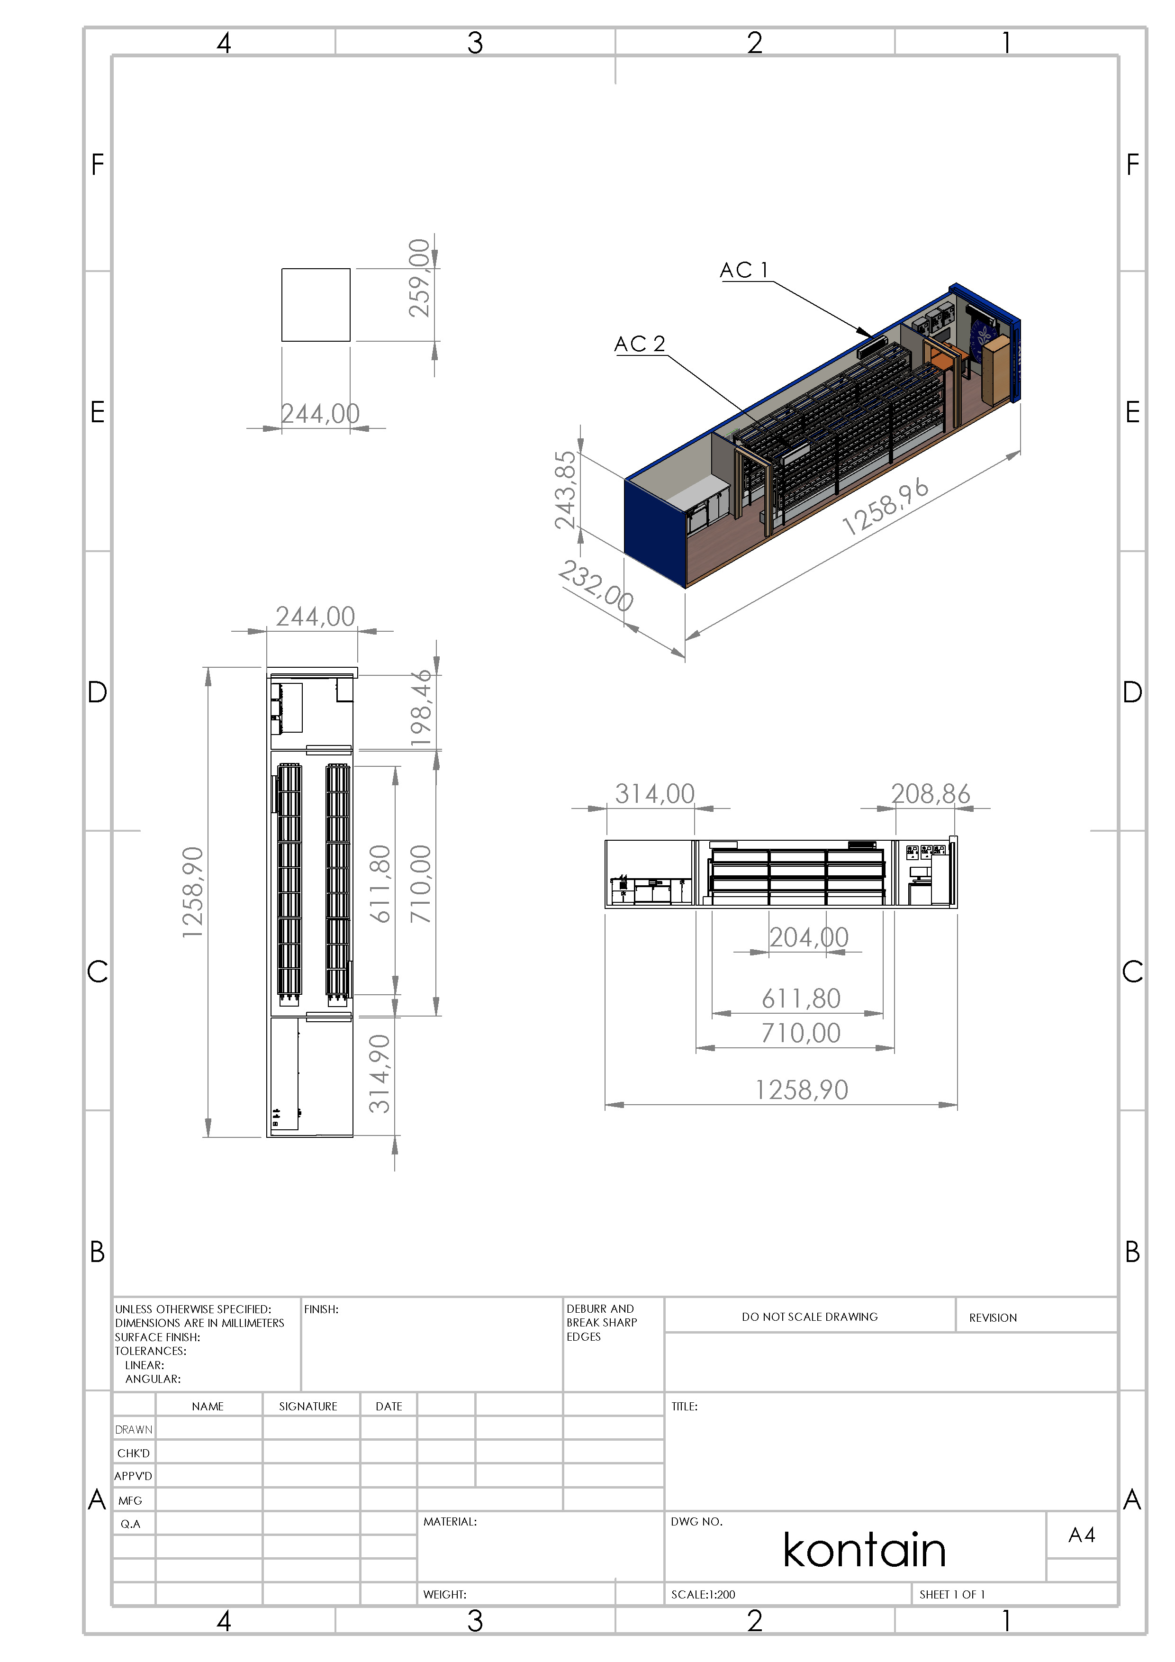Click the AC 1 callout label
coord(744,271)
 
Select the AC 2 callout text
coord(640,344)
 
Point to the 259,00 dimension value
coord(420,278)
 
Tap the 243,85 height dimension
coord(565,490)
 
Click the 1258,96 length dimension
coord(886,507)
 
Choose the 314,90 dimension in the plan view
coord(380,1073)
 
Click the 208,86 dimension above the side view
coord(931,794)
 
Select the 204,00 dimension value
coord(809,937)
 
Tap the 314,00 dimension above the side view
coord(655,794)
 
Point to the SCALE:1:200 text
coord(703,1594)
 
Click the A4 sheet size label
coord(1082,1535)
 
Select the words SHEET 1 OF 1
coord(952,1594)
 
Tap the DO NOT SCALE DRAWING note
coord(810,1317)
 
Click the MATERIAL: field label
coord(450,1522)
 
